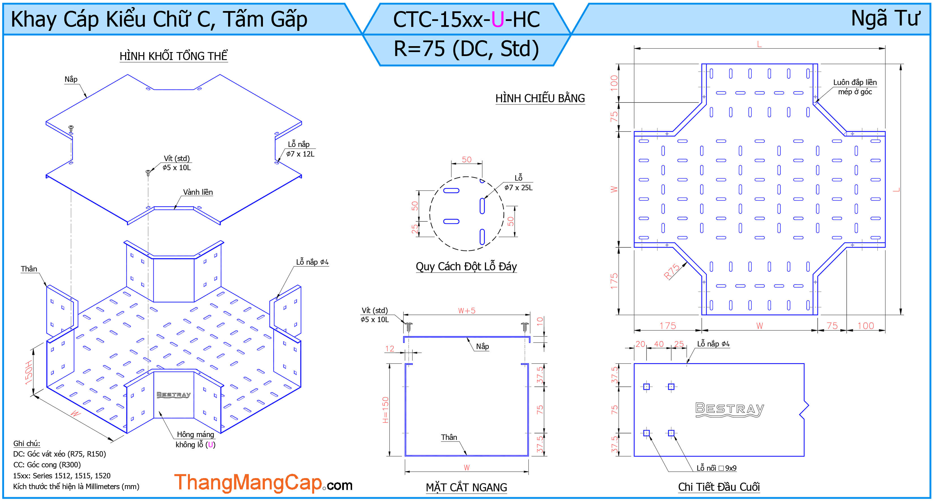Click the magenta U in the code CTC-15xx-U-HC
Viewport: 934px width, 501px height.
click(x=498, y=19)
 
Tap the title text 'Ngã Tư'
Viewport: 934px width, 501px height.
click(x=885, y=18)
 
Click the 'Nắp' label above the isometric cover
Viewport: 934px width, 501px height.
click(x=71, y=79)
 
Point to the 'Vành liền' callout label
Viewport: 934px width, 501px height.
click(x=198, y=192)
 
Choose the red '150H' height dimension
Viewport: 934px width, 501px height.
click(x=29, y=372)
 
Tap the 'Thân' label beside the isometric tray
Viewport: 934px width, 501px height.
click(x=29, y=269)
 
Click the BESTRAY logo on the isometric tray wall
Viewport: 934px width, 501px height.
click(x=173, y=394)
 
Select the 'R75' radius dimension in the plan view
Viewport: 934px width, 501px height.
click(x=672, y=271)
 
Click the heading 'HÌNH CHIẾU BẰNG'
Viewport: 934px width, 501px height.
click(x=540, y=98)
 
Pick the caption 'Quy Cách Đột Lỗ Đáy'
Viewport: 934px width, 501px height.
click(x=466, y=266)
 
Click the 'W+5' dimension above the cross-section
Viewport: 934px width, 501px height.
click(x=467, y=310)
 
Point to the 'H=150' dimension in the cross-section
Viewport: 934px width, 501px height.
click(x=385, y=410)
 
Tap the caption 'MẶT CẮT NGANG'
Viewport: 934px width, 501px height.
click(x=466, y=487)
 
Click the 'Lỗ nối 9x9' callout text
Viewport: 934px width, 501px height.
click(x=716, y=468)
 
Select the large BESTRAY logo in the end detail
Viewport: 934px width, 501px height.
click(x=729, y=410)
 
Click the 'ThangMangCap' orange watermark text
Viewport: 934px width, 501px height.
click(x=249, y=483)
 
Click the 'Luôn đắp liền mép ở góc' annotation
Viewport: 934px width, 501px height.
click(x=854, y=87)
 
